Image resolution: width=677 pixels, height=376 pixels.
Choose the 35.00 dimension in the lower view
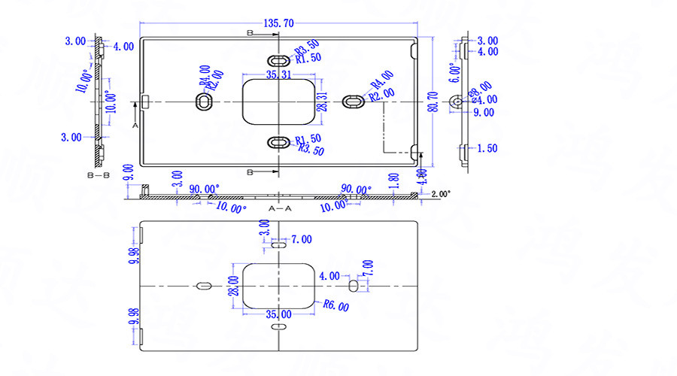278,314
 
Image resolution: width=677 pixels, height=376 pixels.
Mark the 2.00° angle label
442,194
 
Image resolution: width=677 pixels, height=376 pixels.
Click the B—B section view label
99,174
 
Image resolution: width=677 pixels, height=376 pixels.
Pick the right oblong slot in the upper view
353,102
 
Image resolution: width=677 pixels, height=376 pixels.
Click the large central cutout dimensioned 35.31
278,101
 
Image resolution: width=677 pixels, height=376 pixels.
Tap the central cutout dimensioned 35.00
278,285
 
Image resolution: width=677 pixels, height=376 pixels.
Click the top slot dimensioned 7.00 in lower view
278,244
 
